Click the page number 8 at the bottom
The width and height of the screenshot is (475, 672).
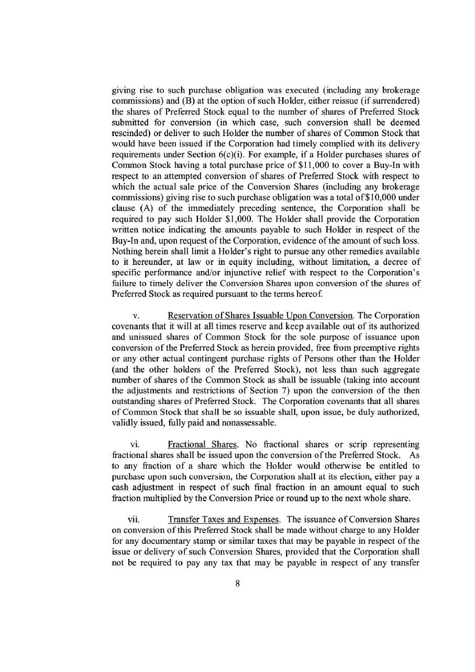[238, 585]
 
